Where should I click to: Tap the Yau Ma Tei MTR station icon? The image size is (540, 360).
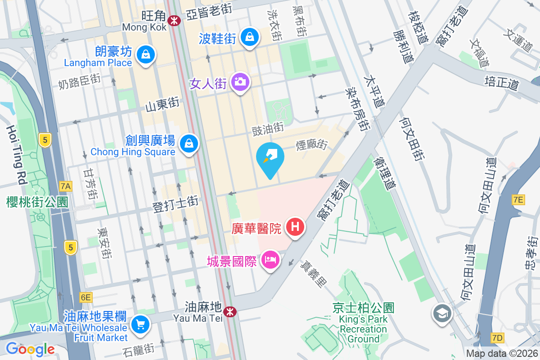pyautogui.click(x=230, y=311)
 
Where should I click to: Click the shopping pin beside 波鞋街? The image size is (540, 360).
pyautogui.click(x=249, y=37)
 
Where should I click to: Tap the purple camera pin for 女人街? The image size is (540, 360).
pyautogui.click(x=240, y=82)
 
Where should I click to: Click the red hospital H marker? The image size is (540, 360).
pyautogui.click(x=295, y=226)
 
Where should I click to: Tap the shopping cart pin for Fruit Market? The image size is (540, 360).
pyautogui.click(x=140, y=324)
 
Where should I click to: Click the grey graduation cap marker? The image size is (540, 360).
pyautogui.click(x=442, y=313)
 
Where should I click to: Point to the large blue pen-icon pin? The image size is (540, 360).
pyautogui.click(x=270, y=159)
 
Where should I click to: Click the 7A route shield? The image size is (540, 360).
pyautogui.click(x=66, y=186)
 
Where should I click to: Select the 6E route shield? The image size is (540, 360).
pyautogui.click(x=85, y=297)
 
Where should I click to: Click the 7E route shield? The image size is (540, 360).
pyautogui.click(x=518, y=199)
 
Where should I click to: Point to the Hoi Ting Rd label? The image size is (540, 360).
pyautogui.click(x=16, y=155)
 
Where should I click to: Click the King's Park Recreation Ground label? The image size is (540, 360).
pyautogui.click(x=364, y=324)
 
